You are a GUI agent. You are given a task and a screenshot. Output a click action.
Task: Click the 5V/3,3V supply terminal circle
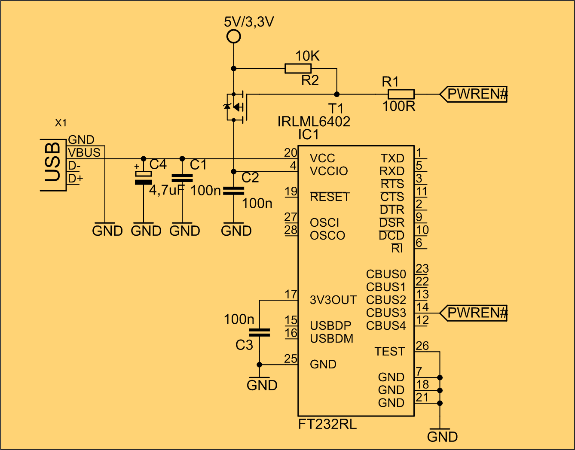point(233,36)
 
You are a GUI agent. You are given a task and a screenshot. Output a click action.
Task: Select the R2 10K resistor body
point(298,68)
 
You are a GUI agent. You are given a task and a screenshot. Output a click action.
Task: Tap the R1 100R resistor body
point(401,94)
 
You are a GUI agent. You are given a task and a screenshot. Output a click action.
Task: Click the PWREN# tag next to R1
point(474,94)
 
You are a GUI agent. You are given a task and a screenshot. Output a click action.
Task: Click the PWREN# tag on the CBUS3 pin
point(474,313)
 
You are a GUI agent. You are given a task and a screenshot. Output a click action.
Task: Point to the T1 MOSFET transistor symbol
point(236,107)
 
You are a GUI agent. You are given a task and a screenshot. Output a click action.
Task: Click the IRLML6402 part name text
point(314,122)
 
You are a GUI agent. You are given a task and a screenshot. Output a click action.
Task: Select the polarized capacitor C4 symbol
point(143,178)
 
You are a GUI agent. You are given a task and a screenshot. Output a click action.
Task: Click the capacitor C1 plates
point(182,178)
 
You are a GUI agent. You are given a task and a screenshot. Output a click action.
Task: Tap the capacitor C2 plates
point(233,191)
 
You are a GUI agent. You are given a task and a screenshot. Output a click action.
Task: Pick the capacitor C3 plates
point(259,332)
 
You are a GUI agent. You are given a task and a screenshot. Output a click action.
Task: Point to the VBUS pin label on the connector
point(84,153)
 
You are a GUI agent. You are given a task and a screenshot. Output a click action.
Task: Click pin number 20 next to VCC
point(291,152)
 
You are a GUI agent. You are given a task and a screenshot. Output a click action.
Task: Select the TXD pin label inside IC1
point(392,158)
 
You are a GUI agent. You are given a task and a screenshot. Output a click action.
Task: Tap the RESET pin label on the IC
point(330,197)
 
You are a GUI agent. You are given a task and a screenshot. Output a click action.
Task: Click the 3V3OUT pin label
point(333,300)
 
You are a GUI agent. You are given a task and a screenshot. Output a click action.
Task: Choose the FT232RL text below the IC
point(327,425)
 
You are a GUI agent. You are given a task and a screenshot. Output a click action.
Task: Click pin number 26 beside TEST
point(422,346)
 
